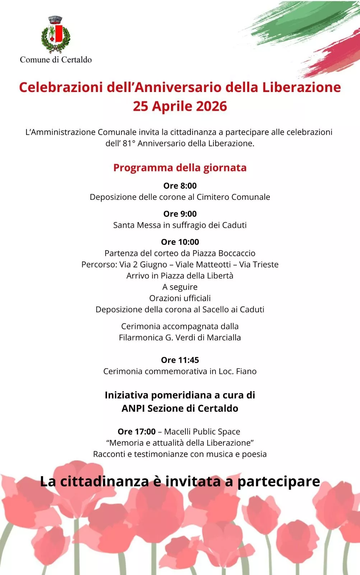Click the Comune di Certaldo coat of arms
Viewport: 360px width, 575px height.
click(56, 34)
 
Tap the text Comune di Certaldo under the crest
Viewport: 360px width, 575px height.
click(56, 60)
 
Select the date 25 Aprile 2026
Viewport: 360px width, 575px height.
click(180, 106)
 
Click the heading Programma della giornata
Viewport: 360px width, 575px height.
click(180, 167)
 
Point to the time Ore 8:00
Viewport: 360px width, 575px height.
click(180, 185)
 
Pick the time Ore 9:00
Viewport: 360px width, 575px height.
click(180, 213)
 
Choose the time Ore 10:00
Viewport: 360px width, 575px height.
click(180, 241)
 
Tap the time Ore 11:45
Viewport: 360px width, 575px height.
click(180, 360)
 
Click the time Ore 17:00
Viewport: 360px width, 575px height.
click(137, 431)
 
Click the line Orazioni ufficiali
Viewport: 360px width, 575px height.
click(180, 298)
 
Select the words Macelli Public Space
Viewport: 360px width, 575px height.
click(202, 431)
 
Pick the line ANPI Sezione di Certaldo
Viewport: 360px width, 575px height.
click(180, 408)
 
